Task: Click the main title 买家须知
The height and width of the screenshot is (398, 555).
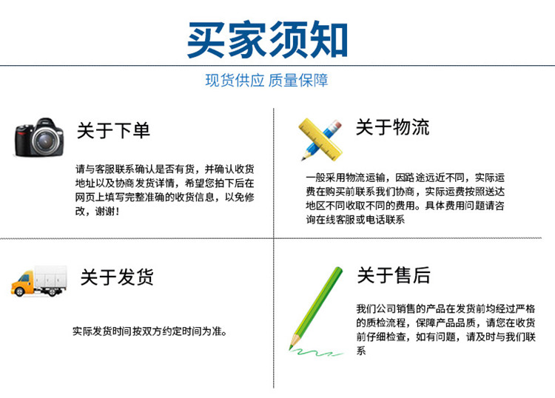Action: click(x=267, y=39)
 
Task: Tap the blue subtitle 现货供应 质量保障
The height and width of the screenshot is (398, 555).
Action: click(x=266, y=81)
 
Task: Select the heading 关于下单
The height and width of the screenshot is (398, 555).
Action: click(x=113, y=130)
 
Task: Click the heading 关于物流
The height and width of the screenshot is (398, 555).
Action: click(x=392, y=127)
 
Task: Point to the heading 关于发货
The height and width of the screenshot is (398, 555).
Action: click(x=117, y=277)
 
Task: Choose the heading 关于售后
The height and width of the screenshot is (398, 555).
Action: click(x=394, y=275)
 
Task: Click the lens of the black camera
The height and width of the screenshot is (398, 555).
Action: click(x=47, y=141)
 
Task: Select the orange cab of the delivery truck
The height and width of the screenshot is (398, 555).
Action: click(x=23, y=284)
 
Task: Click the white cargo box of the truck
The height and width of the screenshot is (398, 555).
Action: click(x=50, y=277)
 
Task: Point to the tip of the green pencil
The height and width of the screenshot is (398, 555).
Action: click(x=291, y=349)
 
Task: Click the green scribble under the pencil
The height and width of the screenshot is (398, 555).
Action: click(x=315, y=352)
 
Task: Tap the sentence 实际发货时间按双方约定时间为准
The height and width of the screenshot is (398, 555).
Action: click(x=149, y=331)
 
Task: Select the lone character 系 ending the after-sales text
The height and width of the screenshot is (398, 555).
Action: click(x=361, y=351)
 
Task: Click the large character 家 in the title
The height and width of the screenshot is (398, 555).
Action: click(x=247, y=39)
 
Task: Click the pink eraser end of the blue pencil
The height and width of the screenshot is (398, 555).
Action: click(x=336, y=125)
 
